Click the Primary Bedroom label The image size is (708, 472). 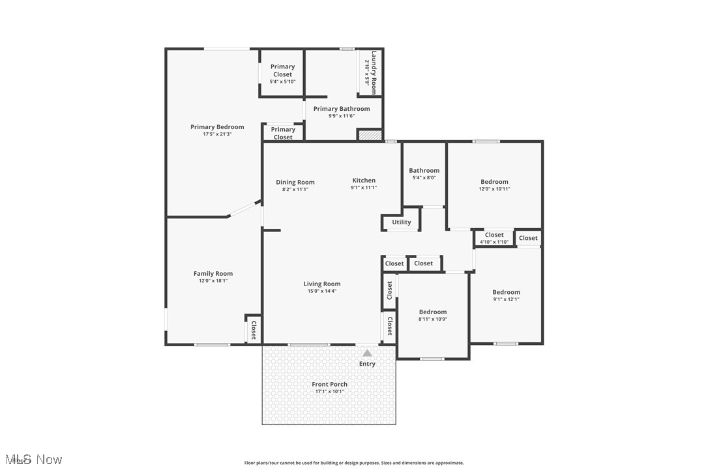217,127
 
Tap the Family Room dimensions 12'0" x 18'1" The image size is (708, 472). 213,281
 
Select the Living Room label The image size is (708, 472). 322,284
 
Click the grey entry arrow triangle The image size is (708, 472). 368,353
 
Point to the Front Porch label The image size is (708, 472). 329,385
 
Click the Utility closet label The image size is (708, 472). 402,222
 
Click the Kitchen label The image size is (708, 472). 364,181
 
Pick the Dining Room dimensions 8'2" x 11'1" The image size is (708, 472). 295,189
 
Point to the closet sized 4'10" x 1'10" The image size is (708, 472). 494,238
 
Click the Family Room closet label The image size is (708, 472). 254,330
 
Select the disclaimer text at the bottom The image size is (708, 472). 354,463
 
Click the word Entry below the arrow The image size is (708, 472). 367,364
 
